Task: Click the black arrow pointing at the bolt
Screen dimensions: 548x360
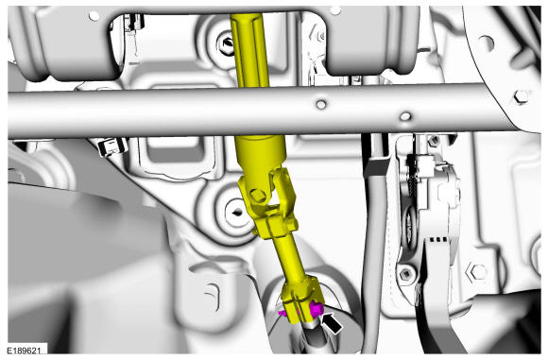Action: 332,323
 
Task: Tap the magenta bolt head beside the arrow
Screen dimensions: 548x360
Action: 316,310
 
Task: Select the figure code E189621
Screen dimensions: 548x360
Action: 25,351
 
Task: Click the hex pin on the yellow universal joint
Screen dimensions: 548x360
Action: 258,196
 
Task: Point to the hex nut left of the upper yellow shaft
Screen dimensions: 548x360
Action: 228,44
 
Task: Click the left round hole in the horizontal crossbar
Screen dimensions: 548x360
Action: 321,104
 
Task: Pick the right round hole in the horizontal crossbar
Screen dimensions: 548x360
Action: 405,116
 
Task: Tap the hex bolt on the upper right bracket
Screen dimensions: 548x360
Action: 521,96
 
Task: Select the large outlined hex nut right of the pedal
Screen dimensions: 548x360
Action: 477,271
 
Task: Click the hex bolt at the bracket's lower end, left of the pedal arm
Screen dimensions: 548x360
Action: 405,274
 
